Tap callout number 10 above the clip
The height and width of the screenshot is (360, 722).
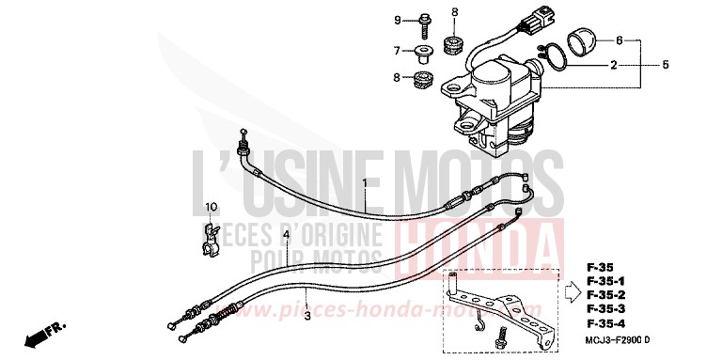[212, 207]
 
